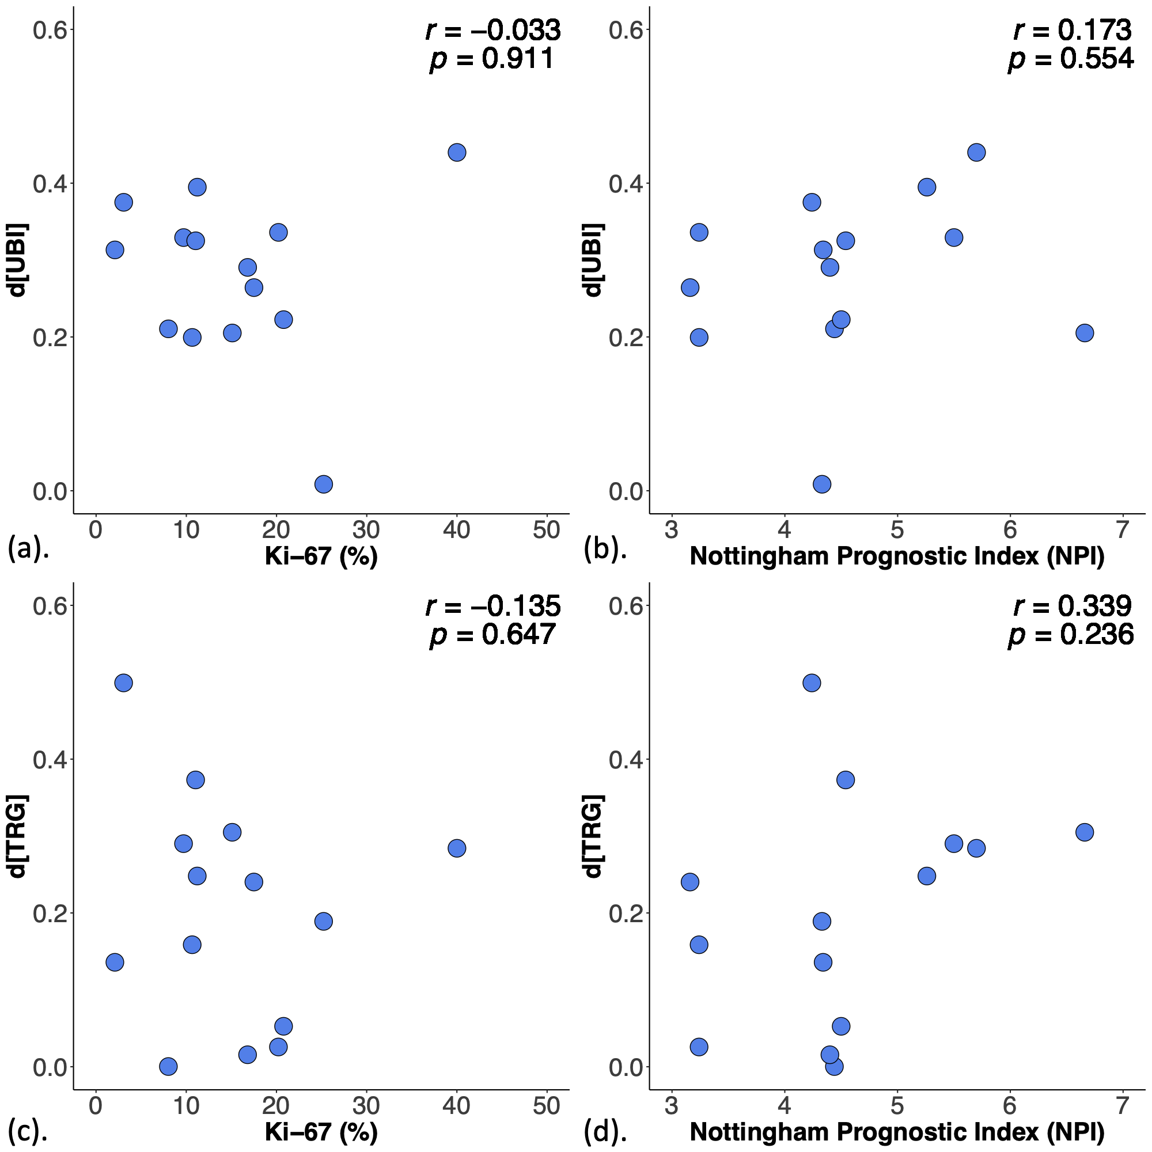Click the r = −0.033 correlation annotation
point(492,30)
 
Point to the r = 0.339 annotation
point(1071,606)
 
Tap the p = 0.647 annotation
point(492,634)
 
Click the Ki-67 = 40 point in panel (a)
point(457,153)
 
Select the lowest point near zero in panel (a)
point(323,484)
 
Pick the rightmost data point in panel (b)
point(1085,333)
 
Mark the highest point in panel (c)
point(123,683)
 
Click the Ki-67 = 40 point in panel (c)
point(457,848)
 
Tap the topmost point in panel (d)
point(812,683)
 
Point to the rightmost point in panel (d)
point(1085,832)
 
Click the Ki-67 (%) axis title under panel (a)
point(321,556)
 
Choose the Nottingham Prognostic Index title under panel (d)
point(897,1132)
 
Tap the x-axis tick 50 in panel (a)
point(546,529)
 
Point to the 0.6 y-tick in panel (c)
point(49,606)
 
